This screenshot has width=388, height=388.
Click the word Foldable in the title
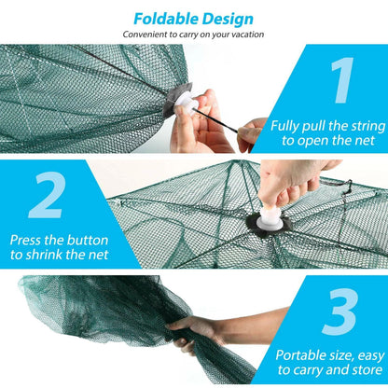pos(165,18)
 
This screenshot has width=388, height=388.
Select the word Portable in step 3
pos(300,354)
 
